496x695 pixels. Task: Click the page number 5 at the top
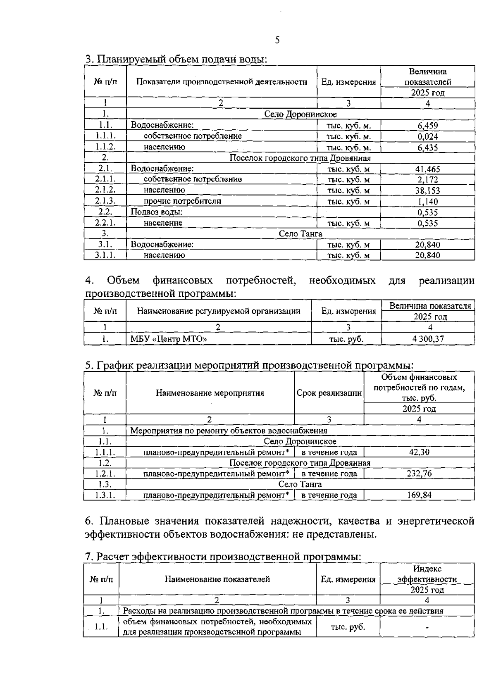[277, 40]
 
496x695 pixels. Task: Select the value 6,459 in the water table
[427, 125]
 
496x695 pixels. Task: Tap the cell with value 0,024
[427, 136]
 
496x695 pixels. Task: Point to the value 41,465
[427, 169]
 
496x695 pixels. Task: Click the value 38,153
[427, 190]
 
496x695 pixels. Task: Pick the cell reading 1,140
[427, 202]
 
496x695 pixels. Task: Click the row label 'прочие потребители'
[182, 201]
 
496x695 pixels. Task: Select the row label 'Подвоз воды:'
[157, 212]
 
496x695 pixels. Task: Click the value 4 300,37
[427, 339]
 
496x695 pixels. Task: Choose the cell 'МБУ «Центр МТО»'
[169, 339]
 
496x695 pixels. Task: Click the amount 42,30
[419, 452]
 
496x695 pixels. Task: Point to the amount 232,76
[419, 474]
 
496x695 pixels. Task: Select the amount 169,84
[419, 495]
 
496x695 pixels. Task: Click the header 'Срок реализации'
[329, 393]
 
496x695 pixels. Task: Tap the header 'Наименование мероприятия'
[210, 393]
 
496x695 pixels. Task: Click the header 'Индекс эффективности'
[427, 574]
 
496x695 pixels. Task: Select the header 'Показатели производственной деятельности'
[222, 82]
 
